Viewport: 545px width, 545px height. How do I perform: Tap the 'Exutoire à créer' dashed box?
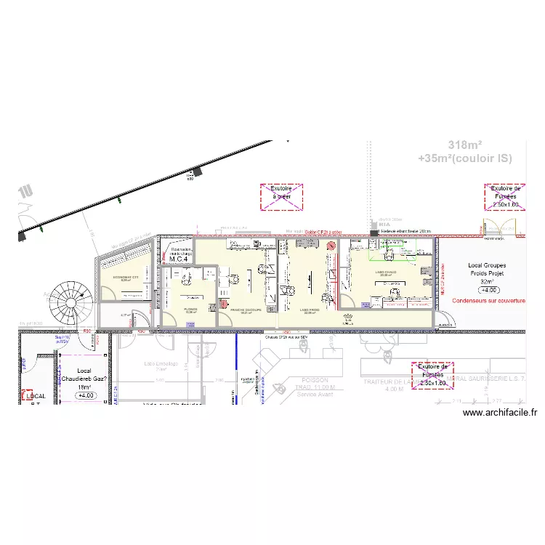point(281,197)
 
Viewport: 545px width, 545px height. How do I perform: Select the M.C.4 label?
point(179,259)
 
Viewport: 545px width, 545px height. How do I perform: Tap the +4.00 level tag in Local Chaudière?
point(86,395)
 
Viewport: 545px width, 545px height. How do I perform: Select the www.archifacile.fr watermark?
point(499,413)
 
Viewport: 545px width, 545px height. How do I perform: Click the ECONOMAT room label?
point(126,278)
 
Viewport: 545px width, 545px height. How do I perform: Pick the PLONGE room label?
point(191,309)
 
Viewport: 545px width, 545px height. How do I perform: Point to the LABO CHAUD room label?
point(385,273)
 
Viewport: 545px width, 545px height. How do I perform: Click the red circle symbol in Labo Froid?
point(331,246)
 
